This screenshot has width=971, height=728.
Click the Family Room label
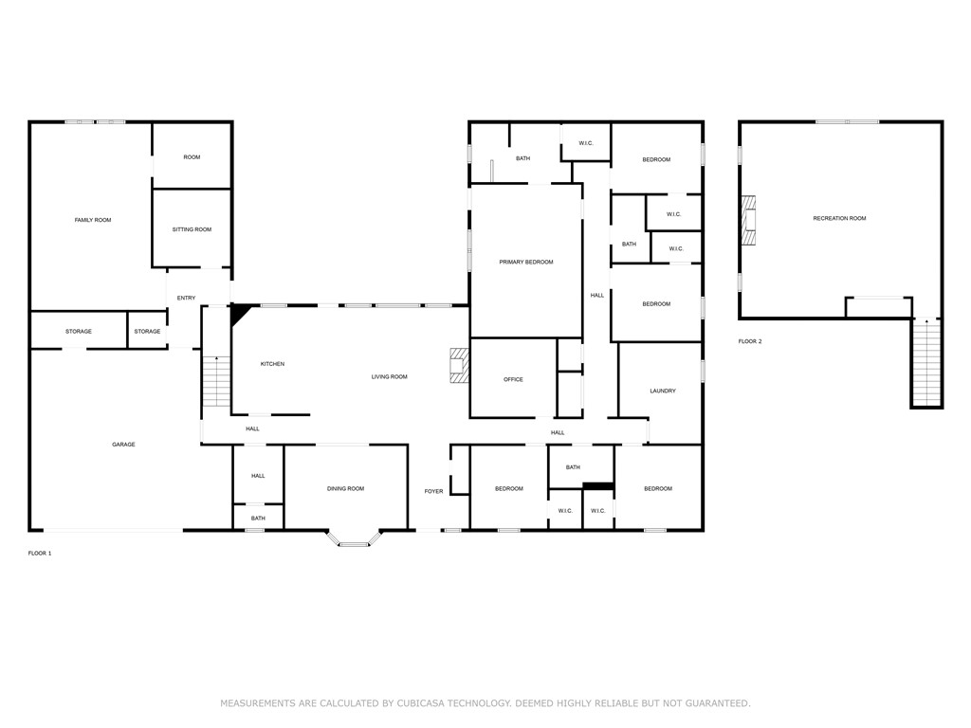[x=93, y=220]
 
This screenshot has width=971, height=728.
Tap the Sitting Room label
[x=192, y=229]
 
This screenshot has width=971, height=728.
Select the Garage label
[x=123, y=445]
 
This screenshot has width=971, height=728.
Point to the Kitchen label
[x=272, y=364]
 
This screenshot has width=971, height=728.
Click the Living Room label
[x=389, y=377]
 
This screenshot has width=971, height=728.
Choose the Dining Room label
[x=345, y=489]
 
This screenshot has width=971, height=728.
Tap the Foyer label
[x=433, y=491]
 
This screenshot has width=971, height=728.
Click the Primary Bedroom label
[x=526, y=262]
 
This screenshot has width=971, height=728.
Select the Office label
[x=513, y=380]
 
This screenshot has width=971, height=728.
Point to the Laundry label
[x=663, y=391]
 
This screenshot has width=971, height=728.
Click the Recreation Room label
[x=839, y=219]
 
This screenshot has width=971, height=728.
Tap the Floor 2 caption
[x=750, y=341]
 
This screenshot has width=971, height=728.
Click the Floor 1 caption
[x=40, y=553]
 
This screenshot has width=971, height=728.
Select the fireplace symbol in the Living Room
[x=459, y=366]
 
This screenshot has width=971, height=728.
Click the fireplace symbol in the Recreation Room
[x=750, y=221]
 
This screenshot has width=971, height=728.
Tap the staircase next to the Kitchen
[x=217, y=381]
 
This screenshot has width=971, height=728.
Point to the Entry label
[x=186, y=299]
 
